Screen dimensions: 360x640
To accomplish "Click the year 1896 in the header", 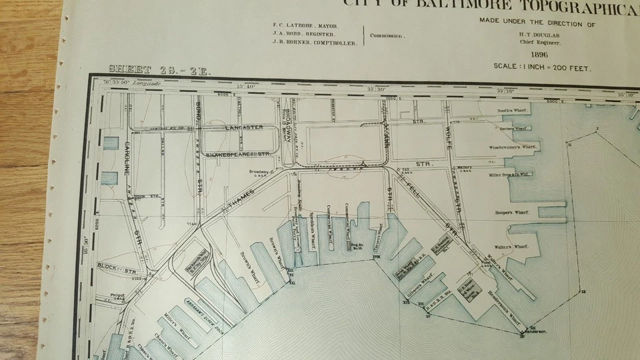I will [539, 55].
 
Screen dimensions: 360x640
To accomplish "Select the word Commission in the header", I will [387, 35].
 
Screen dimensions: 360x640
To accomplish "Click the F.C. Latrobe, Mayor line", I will [306, 25].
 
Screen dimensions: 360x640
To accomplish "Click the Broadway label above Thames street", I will [260, 171].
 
